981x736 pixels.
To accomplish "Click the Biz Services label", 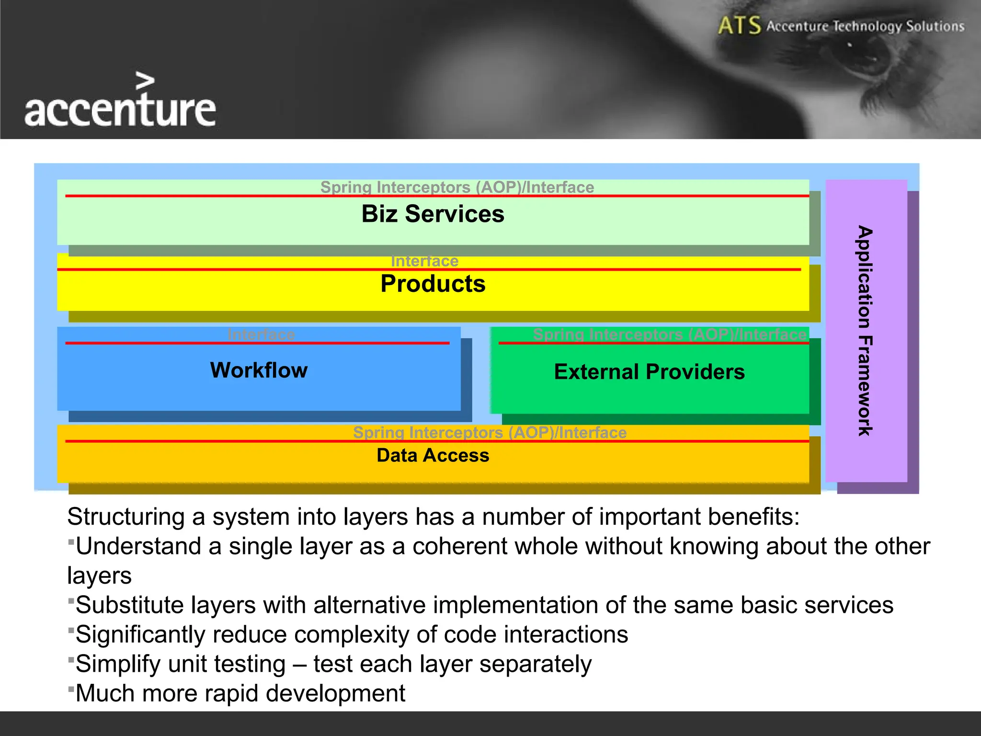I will (433, 214).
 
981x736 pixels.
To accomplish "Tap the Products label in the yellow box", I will (433, 284).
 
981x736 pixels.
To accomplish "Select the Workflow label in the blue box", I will (259, 370).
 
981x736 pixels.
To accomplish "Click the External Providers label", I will (649, 372).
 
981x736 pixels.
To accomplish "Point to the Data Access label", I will (433, 455).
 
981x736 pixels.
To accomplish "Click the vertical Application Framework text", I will (865, 331).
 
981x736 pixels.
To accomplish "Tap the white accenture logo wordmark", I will (120, 110).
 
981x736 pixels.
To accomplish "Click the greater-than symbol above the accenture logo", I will (145, 81).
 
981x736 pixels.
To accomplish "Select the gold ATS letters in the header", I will (739, 25).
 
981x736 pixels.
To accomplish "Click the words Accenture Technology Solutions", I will (865, 26).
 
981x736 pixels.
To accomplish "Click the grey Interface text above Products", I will (424, 261).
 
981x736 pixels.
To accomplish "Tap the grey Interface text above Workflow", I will (261, 334).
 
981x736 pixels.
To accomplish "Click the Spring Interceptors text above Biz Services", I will (457, 187).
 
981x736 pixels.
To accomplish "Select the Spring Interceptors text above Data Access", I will (490, 432).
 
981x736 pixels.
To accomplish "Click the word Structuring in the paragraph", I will (125, 517).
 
